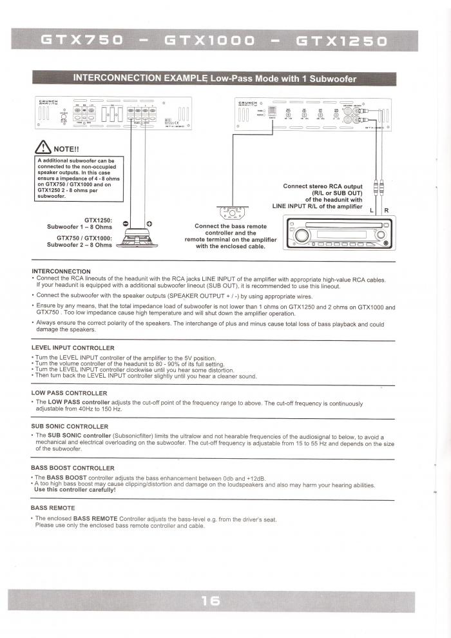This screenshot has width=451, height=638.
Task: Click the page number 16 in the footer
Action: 211,601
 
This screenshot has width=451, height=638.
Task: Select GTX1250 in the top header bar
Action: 341,42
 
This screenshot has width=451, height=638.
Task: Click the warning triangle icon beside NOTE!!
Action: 44,146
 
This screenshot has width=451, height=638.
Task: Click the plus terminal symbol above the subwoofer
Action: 149,223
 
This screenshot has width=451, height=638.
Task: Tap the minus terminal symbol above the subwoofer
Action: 126,223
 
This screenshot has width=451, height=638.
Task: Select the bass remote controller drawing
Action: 231,211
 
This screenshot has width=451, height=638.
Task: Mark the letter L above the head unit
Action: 371,211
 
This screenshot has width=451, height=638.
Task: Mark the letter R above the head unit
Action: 386,211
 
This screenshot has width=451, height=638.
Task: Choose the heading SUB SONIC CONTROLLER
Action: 70,426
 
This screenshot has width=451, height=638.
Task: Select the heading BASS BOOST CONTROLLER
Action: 73,468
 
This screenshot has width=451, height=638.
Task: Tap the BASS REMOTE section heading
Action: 53,508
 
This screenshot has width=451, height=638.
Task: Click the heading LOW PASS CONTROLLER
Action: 69,392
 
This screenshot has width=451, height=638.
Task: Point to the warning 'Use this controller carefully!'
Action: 75,489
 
